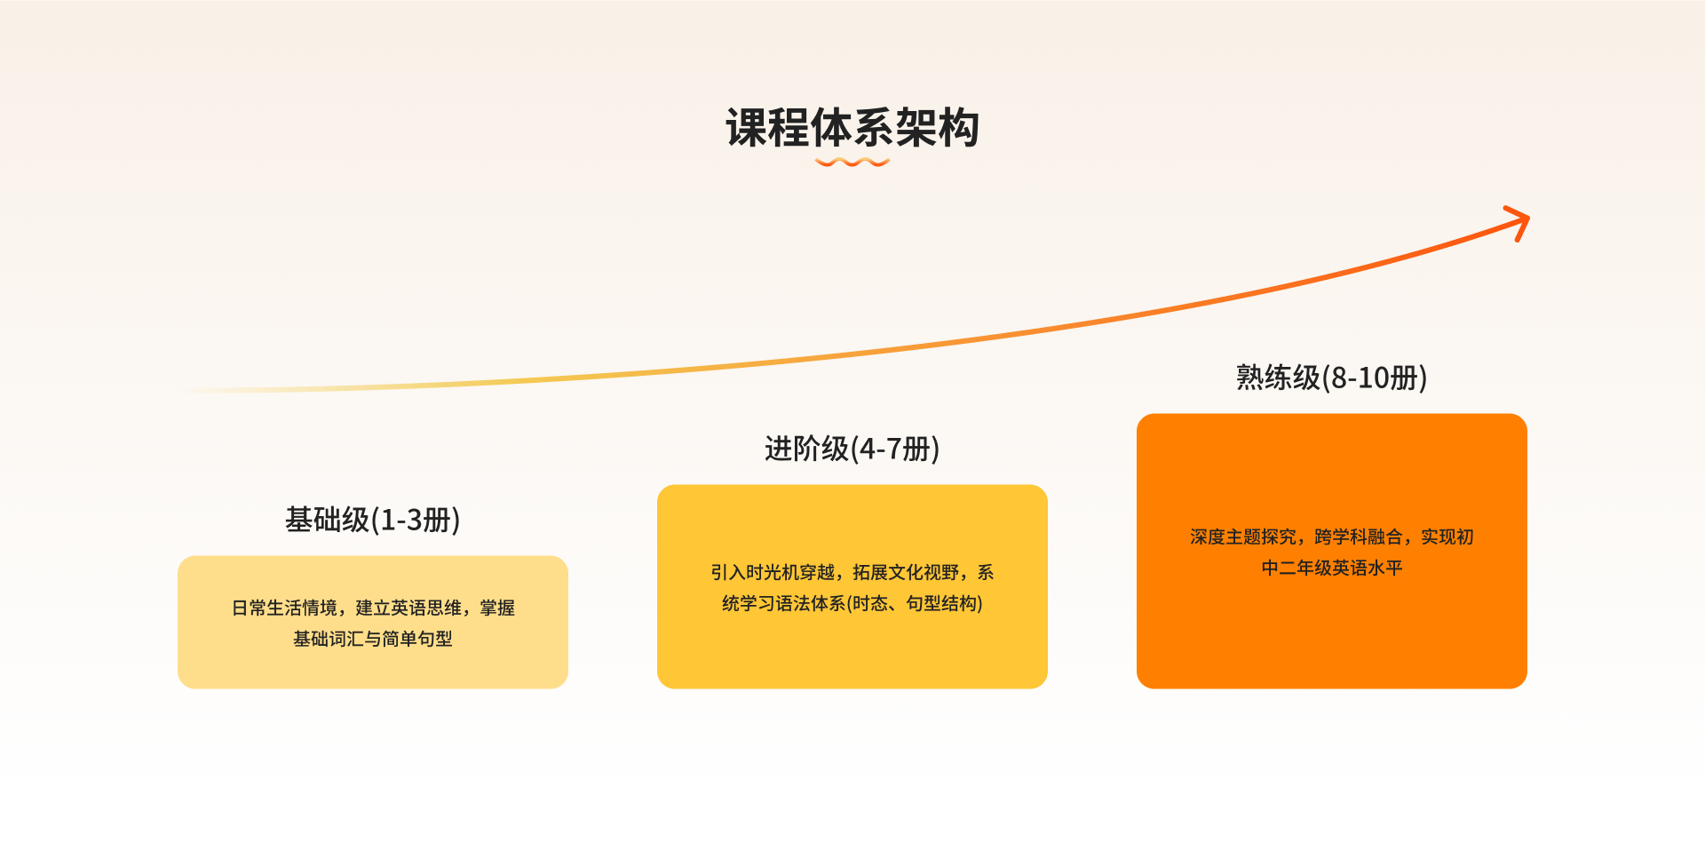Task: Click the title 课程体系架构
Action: pos(852,128)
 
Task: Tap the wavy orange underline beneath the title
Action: pos(852,163)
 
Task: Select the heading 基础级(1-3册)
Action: pos(373,520)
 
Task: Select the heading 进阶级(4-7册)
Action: pos(852,449)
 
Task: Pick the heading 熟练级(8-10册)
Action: pos(1332,378)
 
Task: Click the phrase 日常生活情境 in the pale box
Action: pos(284,608)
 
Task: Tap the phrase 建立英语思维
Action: pos(408,608)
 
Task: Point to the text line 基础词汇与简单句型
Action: pos(373,640)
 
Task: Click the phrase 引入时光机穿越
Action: pos(773,573)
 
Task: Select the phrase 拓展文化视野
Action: pos(906,573)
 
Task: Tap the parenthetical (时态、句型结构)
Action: pos(915,604)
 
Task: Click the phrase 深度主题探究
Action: pos(1243,537)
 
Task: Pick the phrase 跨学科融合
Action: pos(1359,537)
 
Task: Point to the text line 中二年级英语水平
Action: pos(1332,569)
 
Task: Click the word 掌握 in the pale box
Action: pos(497,608)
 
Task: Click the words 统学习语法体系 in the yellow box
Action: pos(784,604)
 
